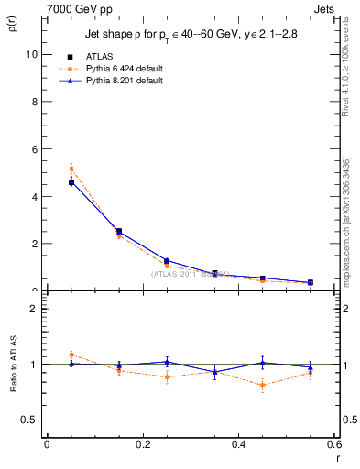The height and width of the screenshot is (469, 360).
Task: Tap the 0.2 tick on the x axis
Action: coord(143,445)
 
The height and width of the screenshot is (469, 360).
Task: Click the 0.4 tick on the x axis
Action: coord(239,445)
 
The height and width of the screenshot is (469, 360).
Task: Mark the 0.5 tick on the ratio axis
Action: coord(29,420)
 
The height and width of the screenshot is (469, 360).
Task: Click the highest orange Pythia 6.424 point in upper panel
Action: coord(71,169)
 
